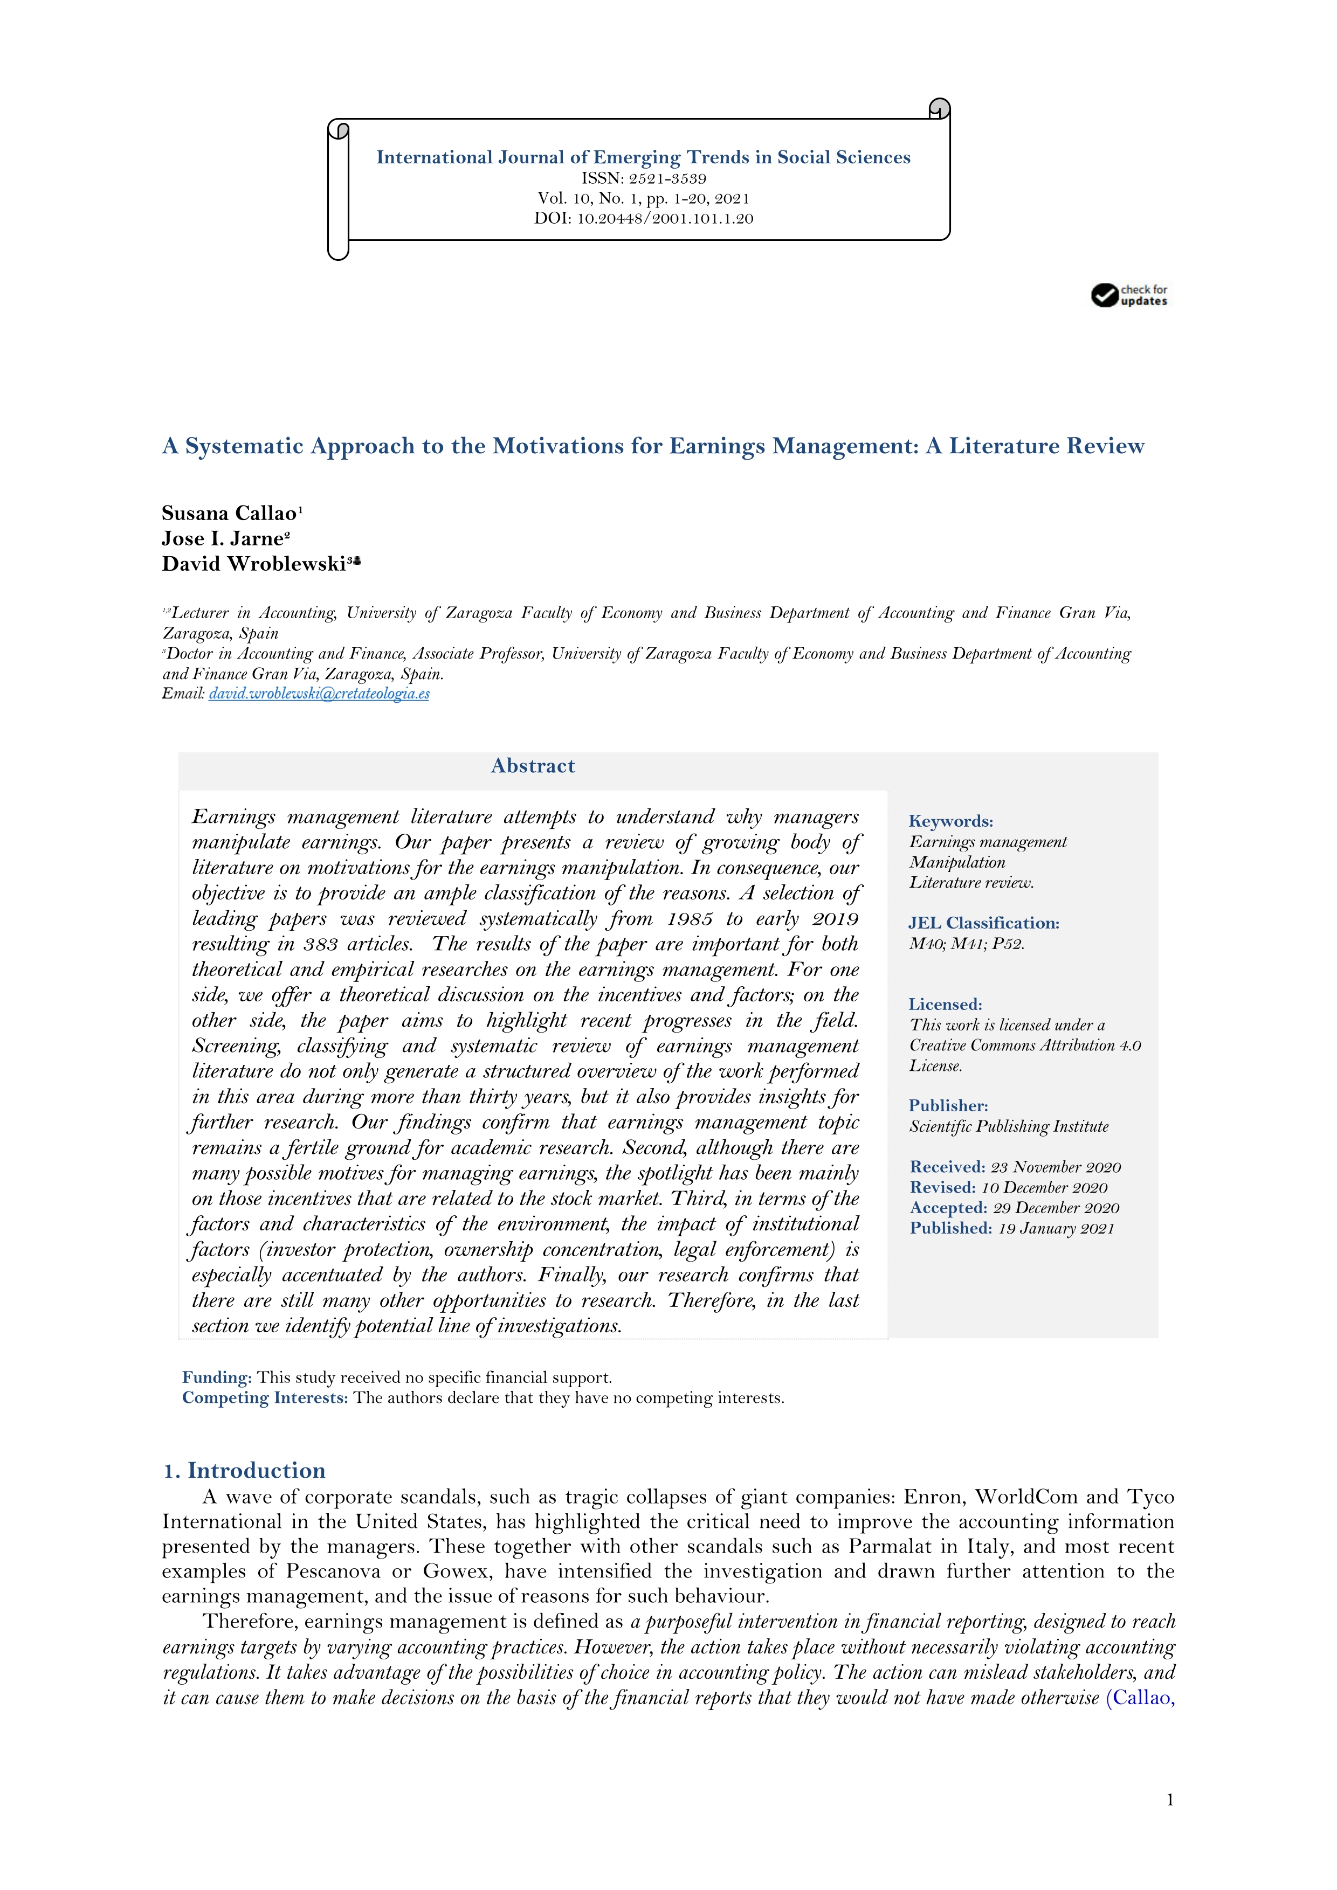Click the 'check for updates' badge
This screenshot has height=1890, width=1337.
(x=1129, y=295)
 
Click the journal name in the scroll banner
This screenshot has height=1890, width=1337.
(x=643, y=157)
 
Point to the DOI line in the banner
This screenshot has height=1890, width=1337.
(x=643, y=219)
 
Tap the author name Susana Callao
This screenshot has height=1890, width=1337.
(x=229, y=514)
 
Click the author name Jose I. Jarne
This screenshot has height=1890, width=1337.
(x=222, y=539)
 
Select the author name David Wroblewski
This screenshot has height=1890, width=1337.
(x=253, y=565)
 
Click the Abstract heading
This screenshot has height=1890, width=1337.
(x=533, y=766)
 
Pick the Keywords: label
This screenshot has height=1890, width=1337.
(x=950, y=821)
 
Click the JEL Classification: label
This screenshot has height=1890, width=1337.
(x=983, y=924)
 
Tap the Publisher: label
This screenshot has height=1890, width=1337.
(x=948, y=1106)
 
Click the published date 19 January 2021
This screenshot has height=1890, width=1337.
(x=1056, y=1229)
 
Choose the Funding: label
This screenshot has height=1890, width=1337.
(x=217, y=1378)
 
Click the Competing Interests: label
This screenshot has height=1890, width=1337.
(x=265, y=1399)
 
